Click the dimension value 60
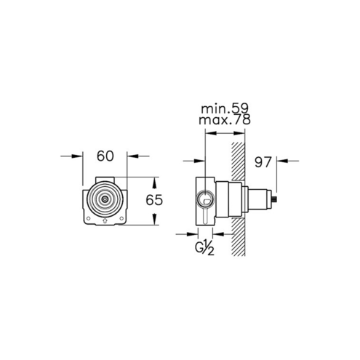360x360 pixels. (105, 156)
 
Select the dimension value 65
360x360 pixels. (154, 200)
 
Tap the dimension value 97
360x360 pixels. (263, 162)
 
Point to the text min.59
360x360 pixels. (225, 109)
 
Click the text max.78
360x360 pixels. (225, 119)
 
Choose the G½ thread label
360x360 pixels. (204, 249)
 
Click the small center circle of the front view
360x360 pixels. (105, 199)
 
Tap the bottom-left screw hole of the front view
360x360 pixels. (89, 218)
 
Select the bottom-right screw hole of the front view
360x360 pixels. (121, 218)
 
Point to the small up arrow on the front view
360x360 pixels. (105, 220)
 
